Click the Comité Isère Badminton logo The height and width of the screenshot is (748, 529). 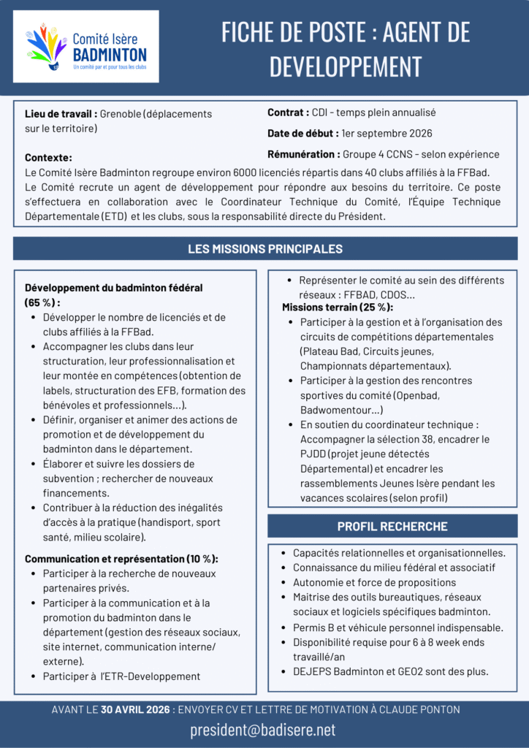[x=86, y=46]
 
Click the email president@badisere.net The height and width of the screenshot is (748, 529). [x=264, y=730]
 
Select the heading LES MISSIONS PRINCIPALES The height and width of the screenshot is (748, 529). [x=264, y=249]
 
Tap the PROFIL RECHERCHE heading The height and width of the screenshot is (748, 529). [x=392, y=526]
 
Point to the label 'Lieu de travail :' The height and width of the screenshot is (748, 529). [x=61, y=114]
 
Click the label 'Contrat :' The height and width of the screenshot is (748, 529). [x=288, y=112]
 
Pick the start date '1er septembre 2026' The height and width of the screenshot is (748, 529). [x=387, y=134]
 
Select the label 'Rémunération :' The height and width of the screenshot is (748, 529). [x=303, y=154]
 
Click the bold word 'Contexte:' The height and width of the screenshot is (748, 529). [x=48, y=158]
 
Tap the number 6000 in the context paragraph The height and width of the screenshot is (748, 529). [x=246, y=172]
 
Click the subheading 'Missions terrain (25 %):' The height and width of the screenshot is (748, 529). [x=338, y=307]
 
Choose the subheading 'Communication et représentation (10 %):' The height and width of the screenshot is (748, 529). [x=121, y=559]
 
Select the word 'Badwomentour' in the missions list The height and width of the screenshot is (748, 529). [x=332, y=410]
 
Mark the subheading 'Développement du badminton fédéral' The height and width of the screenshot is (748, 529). [x=113, y=288]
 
